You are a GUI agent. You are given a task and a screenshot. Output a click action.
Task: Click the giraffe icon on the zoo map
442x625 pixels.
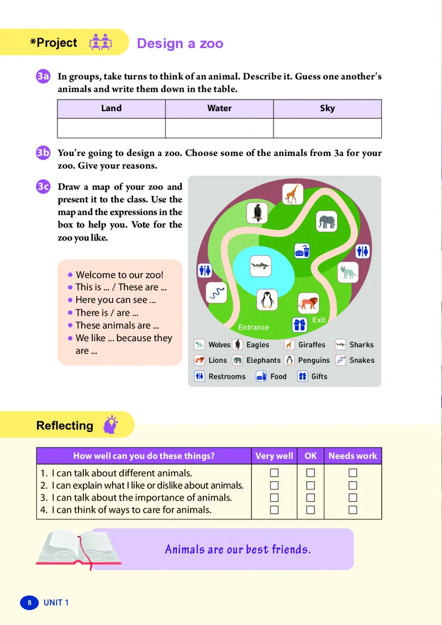[x=292, y=193]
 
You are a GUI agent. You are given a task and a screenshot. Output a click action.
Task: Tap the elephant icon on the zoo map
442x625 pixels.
[x=326, y=222]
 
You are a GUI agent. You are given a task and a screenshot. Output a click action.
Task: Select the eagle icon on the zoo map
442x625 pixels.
[x=257, y=212]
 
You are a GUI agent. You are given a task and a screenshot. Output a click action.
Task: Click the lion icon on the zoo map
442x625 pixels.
[x=308, y=303]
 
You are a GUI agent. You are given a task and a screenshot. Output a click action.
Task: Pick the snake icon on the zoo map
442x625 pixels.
[x=217, y=292]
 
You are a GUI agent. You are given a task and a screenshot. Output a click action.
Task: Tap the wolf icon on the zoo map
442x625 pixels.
[x=348, y=272]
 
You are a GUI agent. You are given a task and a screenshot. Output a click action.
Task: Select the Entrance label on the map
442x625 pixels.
[x=254, y=327]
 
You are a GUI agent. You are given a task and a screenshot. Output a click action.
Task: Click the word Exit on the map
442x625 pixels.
[x=319, y=320]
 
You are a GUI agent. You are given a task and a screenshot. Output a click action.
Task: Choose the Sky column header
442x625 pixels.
[x=327, y=108]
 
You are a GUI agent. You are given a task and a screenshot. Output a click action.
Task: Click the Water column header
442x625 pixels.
[x=219, y=108]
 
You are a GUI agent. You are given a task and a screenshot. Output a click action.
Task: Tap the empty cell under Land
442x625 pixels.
[x=111, y=128]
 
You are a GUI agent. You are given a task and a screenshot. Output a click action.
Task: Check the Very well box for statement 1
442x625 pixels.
[x=274, y=473]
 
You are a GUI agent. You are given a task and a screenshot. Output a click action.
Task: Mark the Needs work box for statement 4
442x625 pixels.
[x=353, y=510]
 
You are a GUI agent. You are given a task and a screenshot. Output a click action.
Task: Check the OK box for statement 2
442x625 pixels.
[x=311, y=485]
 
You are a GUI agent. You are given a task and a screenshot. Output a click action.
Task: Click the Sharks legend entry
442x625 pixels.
[x=355, y=345]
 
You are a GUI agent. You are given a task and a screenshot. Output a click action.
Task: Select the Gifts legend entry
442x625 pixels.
[x=313, y=377]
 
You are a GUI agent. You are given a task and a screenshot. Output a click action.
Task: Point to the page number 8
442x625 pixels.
[x=29, y=602]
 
